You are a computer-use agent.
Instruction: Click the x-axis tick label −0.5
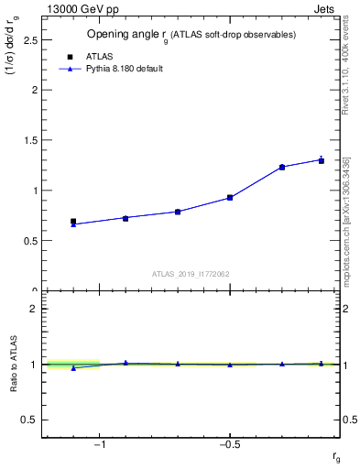(229, 445)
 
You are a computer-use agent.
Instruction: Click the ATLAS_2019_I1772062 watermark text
(191, 273)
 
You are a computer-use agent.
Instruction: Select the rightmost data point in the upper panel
(321, 160)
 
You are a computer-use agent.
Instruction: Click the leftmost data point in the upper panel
(73, 222)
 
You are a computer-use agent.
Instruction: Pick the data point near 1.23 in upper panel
(282, 167)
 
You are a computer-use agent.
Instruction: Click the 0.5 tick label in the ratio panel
(30, 420)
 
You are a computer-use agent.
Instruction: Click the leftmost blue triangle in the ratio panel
(73, 367)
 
